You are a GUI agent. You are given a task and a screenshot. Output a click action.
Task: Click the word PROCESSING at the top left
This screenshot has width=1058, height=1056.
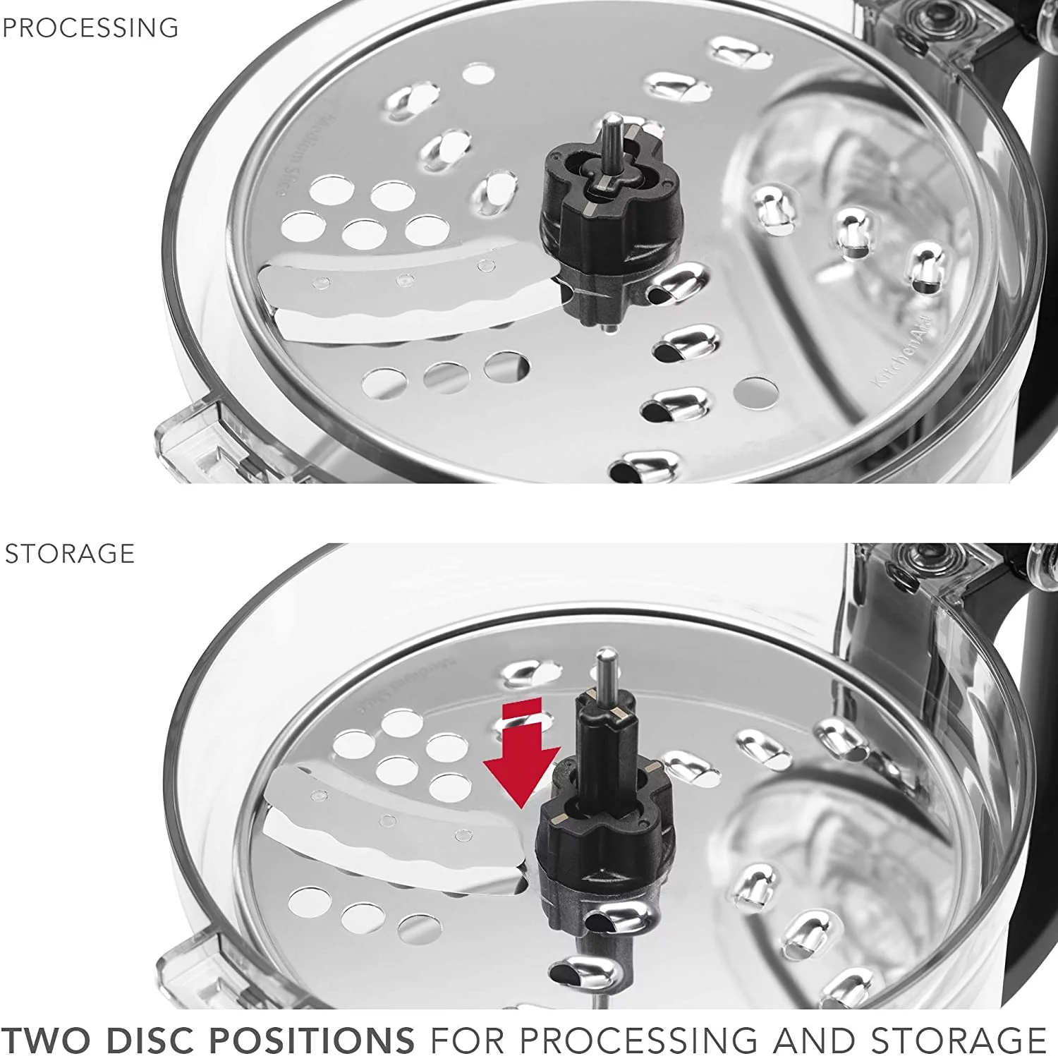pyautogui.click(x=90, y=28)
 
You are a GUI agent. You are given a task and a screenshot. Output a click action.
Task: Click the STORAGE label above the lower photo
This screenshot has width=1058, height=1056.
pyautogui.click(x=70, y=554)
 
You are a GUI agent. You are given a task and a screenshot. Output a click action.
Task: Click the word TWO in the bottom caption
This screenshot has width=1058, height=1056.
pyautogui.click(x=49, y=1038)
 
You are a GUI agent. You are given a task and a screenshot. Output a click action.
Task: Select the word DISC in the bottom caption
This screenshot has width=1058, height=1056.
pyautogui.click(x=151, y=1038)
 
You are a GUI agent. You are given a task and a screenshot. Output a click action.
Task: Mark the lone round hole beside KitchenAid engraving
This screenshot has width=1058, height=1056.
pyautogui.click(x=756, y=392)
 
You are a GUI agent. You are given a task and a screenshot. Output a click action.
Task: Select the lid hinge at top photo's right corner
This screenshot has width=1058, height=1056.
pyautogui.click(x=931, y=28)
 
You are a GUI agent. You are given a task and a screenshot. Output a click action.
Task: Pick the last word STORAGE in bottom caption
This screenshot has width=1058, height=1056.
pyautogui.click(x=959, y=1038)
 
